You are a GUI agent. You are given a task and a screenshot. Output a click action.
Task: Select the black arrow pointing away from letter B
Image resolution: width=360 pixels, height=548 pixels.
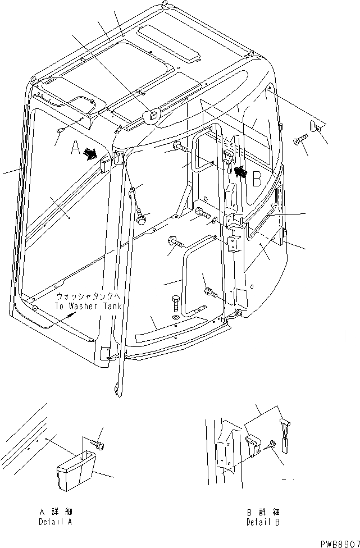240,171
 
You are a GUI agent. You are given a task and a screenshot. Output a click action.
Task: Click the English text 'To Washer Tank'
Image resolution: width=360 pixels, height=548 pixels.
88,306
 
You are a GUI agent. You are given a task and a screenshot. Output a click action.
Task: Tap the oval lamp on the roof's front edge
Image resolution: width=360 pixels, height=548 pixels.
152,117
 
